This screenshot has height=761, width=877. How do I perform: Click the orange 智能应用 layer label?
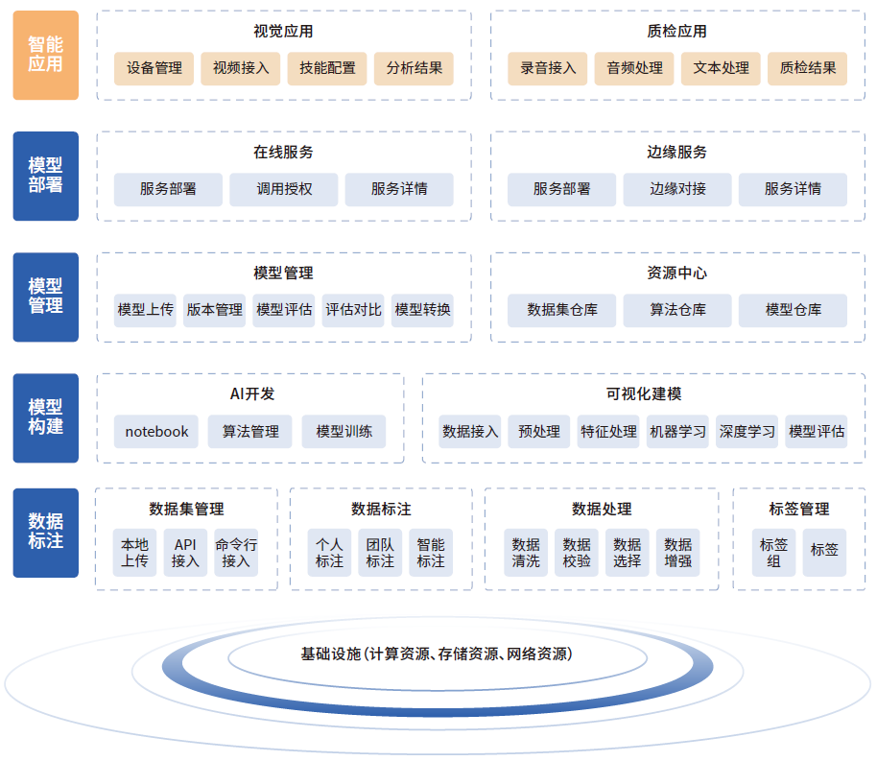[x=45, y=56]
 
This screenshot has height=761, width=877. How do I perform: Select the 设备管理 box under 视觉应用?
[x=154, y=68]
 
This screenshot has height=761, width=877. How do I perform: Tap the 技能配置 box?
[x=327, y=68]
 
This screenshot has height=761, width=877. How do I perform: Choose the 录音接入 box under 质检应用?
[x=548, y=68]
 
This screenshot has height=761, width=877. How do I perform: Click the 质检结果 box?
[x=807, y=68]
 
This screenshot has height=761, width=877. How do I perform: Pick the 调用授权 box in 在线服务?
[x=284, y=189]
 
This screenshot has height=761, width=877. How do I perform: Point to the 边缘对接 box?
[x=677, y=189]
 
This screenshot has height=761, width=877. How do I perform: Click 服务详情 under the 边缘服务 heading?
[x=793, y=189]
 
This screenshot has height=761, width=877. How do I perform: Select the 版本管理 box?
[x=215, y=310]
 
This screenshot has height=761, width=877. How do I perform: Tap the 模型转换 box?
[x=422, y=310]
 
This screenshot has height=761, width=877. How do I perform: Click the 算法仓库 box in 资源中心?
[x=677, y=310]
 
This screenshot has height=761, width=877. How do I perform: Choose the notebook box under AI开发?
[x=156, y=432]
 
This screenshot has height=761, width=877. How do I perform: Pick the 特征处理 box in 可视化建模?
[x=608, y=432]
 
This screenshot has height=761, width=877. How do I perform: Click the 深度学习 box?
[x=747, y=432]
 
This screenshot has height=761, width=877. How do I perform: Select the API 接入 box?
[x=185, y=553]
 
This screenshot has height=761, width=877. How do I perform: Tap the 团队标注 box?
[x=380, y=553]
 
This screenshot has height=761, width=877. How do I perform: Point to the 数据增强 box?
[x=677, y=553]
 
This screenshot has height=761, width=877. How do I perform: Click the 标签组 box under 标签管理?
[x=773, y=553]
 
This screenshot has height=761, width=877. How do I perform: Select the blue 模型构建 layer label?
[x=45, y=417]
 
